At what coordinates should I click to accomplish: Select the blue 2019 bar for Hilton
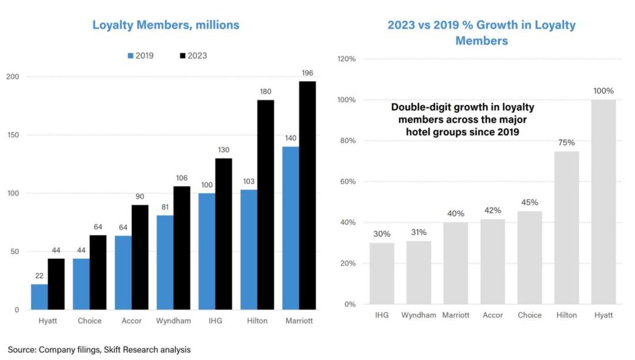point(249,249)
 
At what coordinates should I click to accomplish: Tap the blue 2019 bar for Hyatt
point(39,296)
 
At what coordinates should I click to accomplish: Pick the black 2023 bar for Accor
point(140,257)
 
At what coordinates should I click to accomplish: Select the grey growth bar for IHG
point(382,274)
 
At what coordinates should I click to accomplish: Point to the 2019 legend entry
point(141,56)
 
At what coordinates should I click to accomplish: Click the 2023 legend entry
point(193,56)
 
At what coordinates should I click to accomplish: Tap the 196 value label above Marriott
point(308,73)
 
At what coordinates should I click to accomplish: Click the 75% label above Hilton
point(567,142)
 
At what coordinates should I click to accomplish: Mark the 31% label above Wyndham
point(419,232)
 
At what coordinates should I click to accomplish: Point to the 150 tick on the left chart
point(12,135)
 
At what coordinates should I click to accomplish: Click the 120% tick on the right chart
point(346,59)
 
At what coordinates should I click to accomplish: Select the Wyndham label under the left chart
point(173,321)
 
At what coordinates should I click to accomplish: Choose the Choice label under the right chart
point(529,315)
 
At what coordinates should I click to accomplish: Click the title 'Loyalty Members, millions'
point(166,25)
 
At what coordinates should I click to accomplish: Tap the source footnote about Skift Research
point(99,349)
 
